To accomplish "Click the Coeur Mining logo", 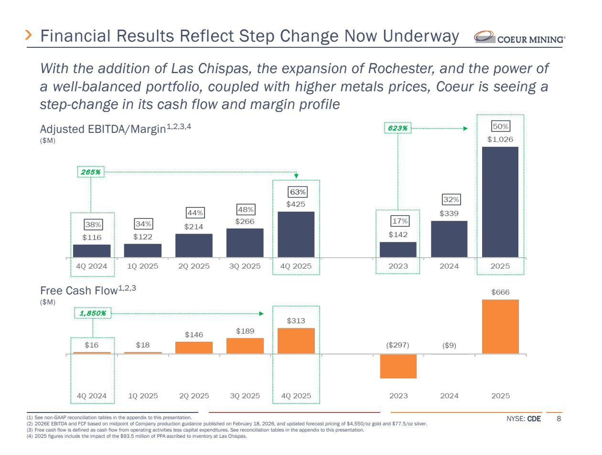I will click(x=515, y=37).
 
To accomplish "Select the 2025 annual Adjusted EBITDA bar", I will click(x=500, y=202).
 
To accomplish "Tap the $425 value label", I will click(x=296, y=205).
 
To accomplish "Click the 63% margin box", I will click(x=296, y=192).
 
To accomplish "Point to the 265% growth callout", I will click(x=91, y=172).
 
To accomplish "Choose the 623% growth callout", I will click(x=398, y=128).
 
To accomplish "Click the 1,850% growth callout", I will click(x=93, y=314).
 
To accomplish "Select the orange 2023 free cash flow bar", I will click(x=398, y=366).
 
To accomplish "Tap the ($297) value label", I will click(x=398, y=345).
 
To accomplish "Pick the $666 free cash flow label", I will click(x=500, y=292).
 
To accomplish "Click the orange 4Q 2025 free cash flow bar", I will click(x=296, y=341).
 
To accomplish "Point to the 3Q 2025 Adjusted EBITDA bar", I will click(x=245, y=243).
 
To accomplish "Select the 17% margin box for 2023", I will click(x=398, y=222).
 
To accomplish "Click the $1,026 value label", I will click(x=500, y=140).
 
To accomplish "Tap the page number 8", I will click(x=559, y=419).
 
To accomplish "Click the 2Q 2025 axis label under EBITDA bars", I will click(x=194, y=266).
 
